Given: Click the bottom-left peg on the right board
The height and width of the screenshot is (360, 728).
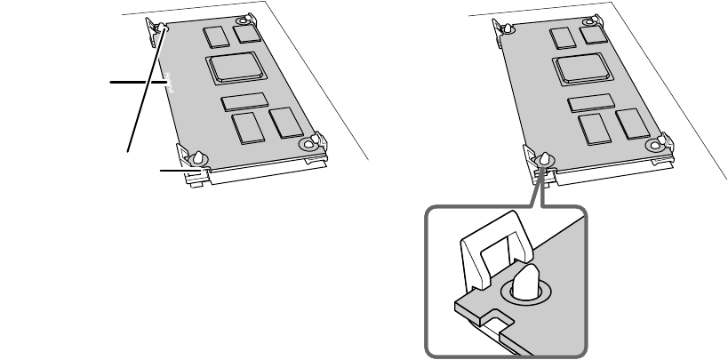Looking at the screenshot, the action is tap(544, 158).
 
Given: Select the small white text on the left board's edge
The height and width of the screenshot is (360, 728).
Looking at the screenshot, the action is tap(172, 85).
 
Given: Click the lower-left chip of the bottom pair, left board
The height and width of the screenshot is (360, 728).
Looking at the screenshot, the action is tap(246, 128).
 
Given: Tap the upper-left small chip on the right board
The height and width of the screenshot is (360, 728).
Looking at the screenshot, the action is tap(561, 36).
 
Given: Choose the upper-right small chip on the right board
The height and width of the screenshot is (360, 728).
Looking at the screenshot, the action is tap(593, 34).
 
